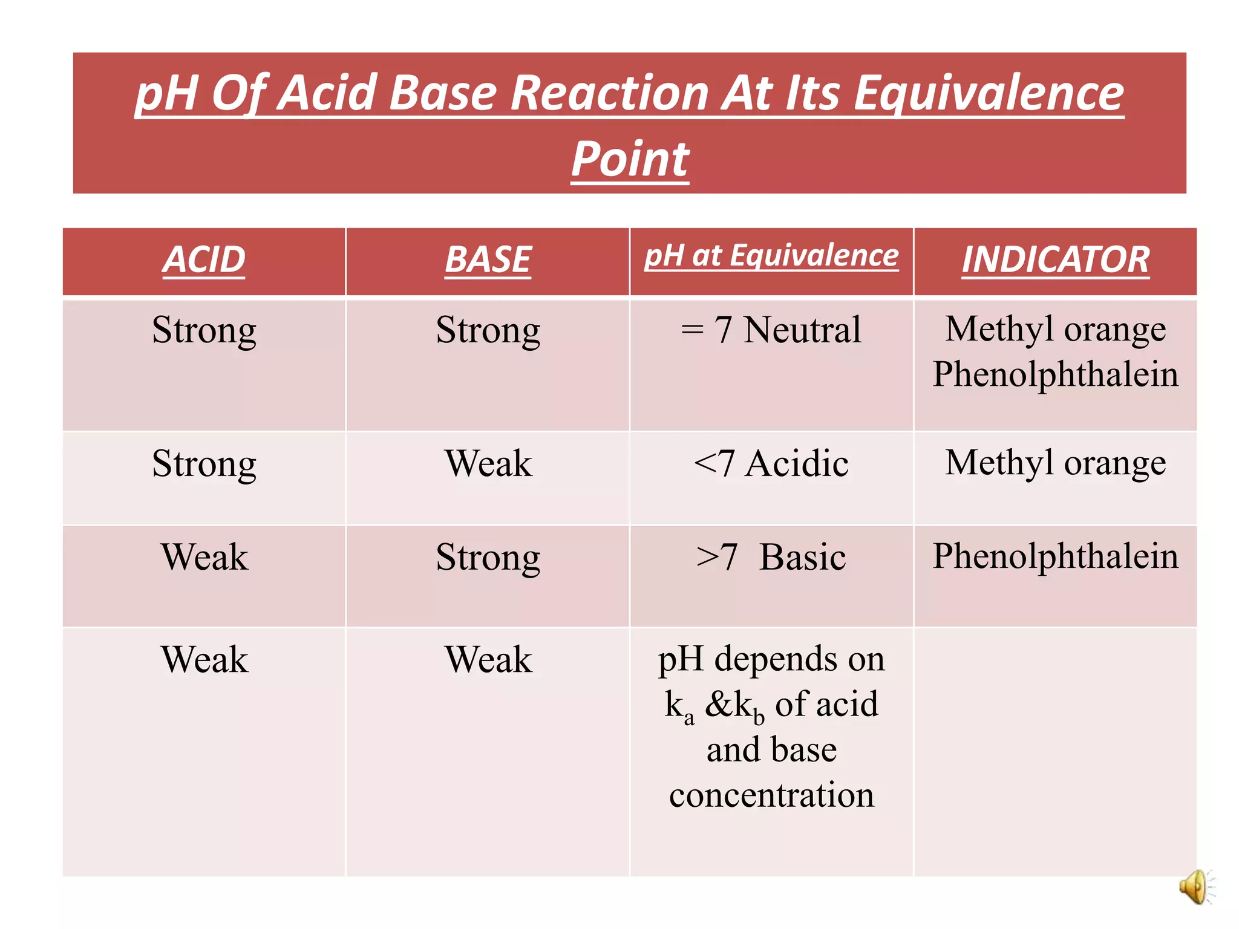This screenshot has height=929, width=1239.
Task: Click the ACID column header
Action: (x=204, y=260)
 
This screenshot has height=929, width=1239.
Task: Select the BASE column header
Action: (x=488, y=260)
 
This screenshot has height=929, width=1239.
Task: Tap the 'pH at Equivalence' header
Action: (x=771, y=256)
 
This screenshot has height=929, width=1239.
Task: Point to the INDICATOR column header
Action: (x=1055, y=260)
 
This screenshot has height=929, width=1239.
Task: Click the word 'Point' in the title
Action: (x=630, y=158)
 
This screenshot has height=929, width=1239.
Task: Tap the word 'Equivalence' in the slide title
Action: (x=988, y=93)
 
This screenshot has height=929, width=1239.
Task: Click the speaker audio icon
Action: (x=1195, y=887)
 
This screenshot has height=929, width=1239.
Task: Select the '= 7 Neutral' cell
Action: (x=771, y=330)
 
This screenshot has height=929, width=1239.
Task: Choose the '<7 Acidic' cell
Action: (x=771, y=464)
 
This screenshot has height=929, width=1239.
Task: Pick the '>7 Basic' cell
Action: (x=771, y=557)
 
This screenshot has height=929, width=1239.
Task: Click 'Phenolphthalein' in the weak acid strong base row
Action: (x=1055, y=556)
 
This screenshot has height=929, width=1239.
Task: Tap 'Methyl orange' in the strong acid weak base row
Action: (x=1055, y=463)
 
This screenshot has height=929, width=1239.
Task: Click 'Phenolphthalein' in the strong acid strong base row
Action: (x=1055, y=374)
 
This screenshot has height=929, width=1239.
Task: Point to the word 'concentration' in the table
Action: (x=771, y=795)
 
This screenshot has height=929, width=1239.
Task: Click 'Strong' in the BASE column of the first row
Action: (x=488, y=330)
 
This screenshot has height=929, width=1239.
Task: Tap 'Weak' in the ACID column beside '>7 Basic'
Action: (x=204, y=557)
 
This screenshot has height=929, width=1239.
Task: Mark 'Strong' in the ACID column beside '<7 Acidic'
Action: (x=204, y=464)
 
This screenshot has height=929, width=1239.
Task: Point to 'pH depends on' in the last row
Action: (x=771, y=659)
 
